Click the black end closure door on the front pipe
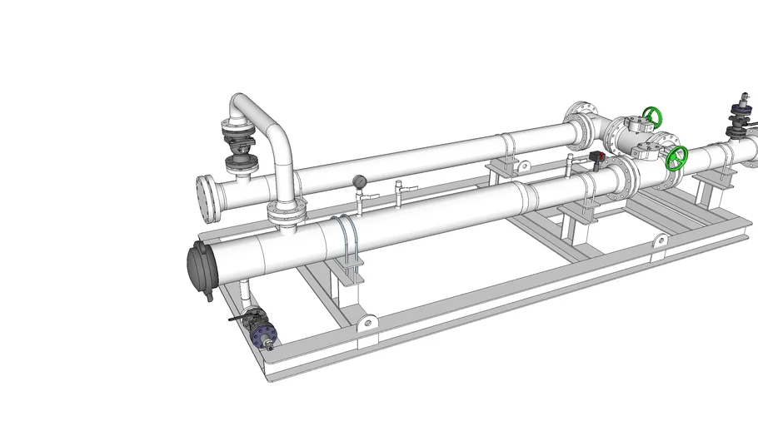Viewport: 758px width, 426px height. [200, 267]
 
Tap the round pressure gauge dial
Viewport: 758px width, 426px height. [359, 181]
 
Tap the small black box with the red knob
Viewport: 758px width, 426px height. [595, 156]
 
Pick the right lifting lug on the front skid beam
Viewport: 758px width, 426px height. [659, 241]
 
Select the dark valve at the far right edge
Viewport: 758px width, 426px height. [738, 117]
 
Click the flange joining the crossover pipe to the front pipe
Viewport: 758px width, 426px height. [283, 215]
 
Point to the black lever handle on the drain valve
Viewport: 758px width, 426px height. [241, 317]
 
